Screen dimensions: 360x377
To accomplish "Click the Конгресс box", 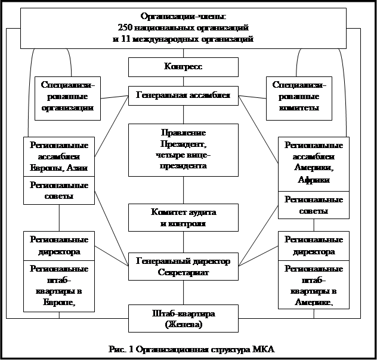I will point(183,67).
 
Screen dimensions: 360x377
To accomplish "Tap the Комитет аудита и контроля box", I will point(183,218).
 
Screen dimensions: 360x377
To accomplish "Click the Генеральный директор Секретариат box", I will point(183,266).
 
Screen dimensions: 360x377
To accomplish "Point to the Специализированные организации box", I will point(67,97).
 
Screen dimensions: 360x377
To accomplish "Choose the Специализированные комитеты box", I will point(299,97).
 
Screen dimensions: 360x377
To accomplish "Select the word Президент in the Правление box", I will point(183,145).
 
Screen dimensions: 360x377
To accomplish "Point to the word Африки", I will point(313,179).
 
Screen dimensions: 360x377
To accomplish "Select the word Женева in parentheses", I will point(184,324).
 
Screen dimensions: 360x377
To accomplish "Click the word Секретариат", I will point(183,272).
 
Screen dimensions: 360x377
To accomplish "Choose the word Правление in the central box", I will point(183,131).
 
